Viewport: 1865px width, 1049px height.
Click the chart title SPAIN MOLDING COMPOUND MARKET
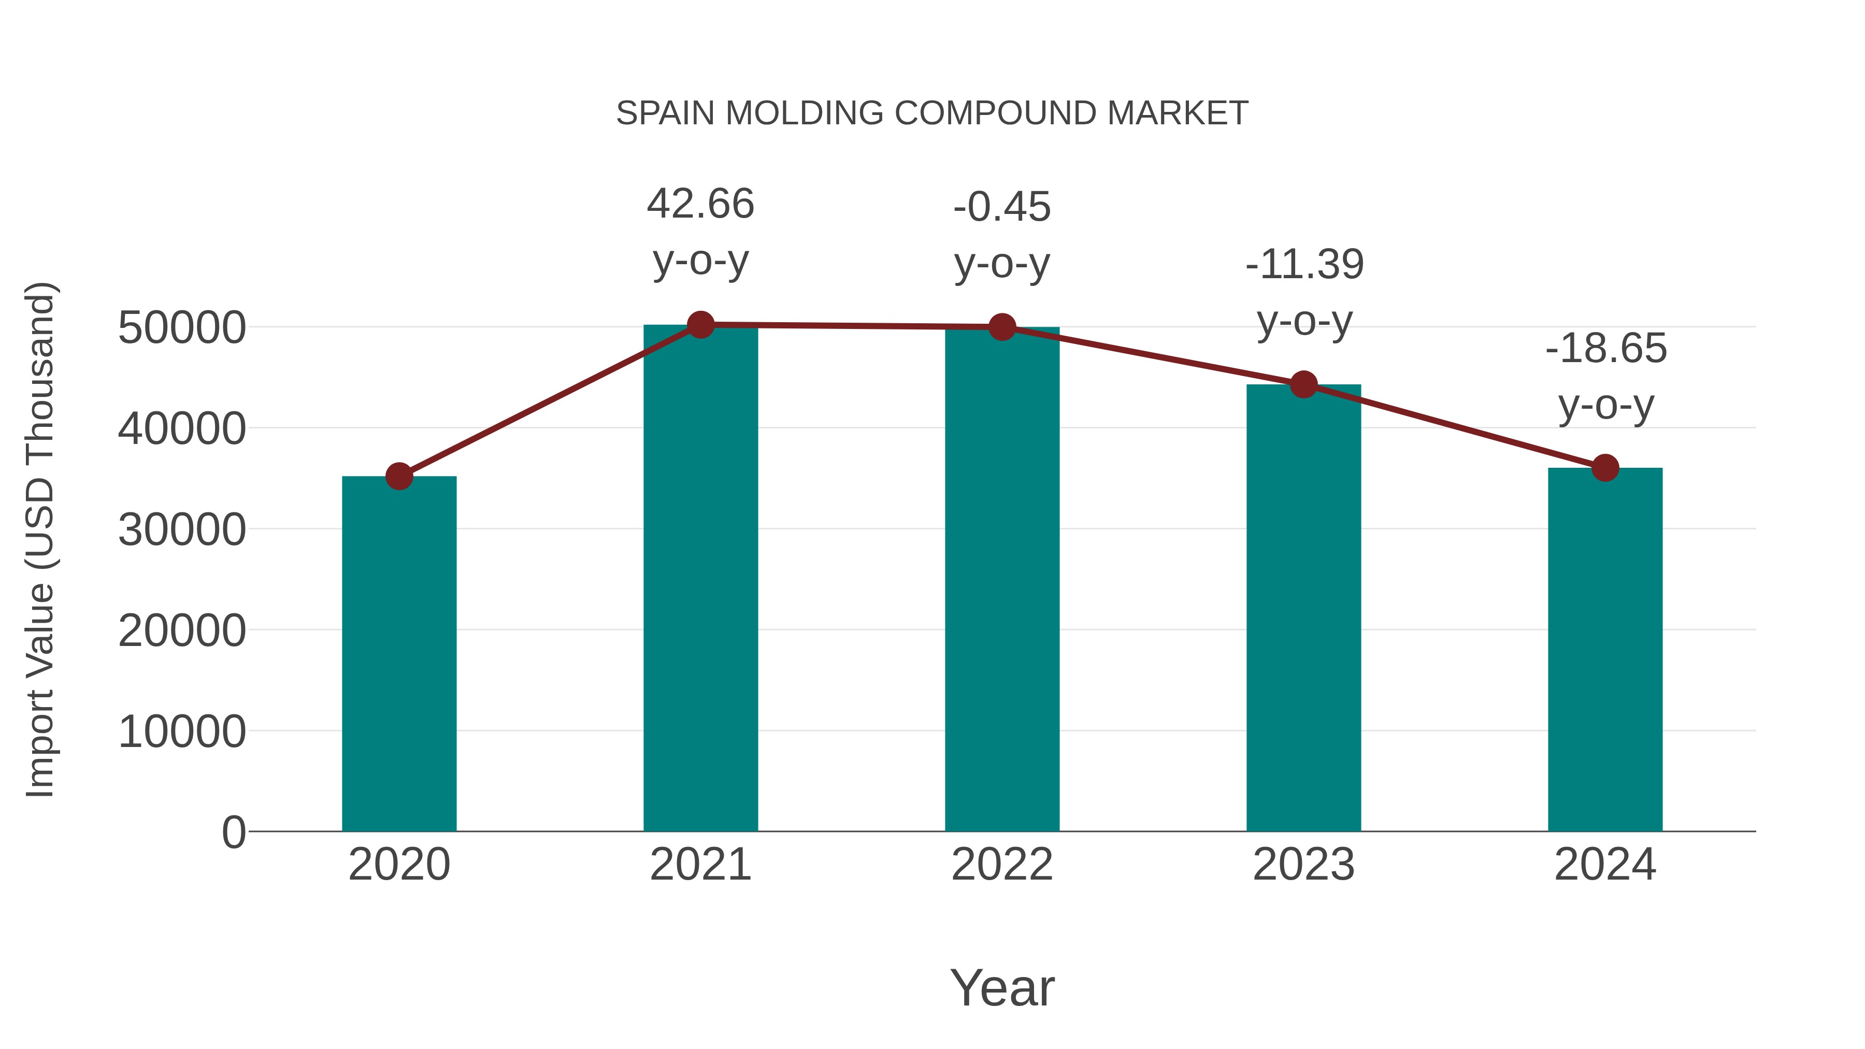tap(932, 113)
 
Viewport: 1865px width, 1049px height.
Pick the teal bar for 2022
tap(1002, 579)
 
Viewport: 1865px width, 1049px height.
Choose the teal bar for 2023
tap(1303, 608)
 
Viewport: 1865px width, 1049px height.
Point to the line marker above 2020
tap(399, 477)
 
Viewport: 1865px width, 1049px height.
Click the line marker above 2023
tap(1303, 384)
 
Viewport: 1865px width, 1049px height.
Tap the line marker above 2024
tap(1605, 468)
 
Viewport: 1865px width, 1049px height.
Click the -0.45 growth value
tap(1002, 207)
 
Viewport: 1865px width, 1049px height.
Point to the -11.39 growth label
tap(1304, 264)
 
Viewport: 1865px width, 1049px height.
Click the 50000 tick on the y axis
tap(182, 328)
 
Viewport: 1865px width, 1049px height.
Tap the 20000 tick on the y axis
tap(182, 630)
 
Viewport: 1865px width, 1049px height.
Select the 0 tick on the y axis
tap(233, 832)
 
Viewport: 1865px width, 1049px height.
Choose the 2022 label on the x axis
tap(1002, 865)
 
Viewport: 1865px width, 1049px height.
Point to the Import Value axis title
tap(40, 539)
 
